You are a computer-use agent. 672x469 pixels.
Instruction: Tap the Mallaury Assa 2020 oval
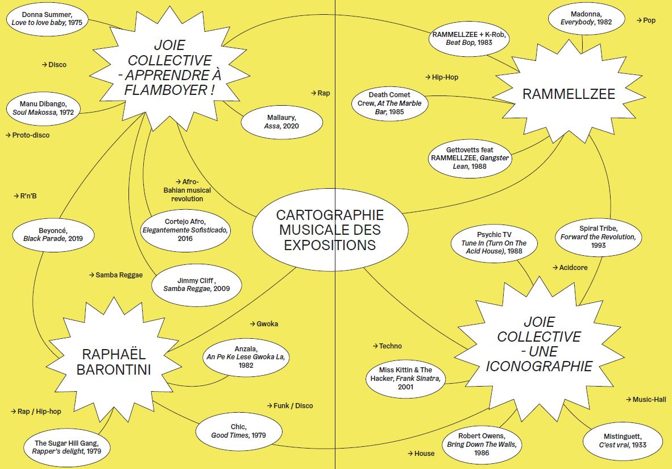tap(281, 122)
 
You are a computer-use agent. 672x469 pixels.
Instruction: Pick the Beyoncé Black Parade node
tap(53, 234)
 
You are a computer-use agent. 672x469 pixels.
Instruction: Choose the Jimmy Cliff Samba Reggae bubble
tap(196, 284)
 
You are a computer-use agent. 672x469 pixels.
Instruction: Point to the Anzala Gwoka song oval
tap(246, 357)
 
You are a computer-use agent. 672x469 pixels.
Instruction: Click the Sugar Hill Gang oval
tap(67, 447)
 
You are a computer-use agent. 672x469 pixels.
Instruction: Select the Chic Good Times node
tap(238, 431)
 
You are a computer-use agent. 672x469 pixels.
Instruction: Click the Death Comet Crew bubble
tap(389, 103)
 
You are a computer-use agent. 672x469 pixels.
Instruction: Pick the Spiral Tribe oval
tap(598, 236)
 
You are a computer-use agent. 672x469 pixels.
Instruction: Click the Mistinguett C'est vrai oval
tap(622, 440)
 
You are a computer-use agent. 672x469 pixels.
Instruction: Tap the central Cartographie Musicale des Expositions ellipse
tap(330, 230)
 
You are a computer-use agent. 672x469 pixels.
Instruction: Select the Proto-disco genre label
tap(28, 135)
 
